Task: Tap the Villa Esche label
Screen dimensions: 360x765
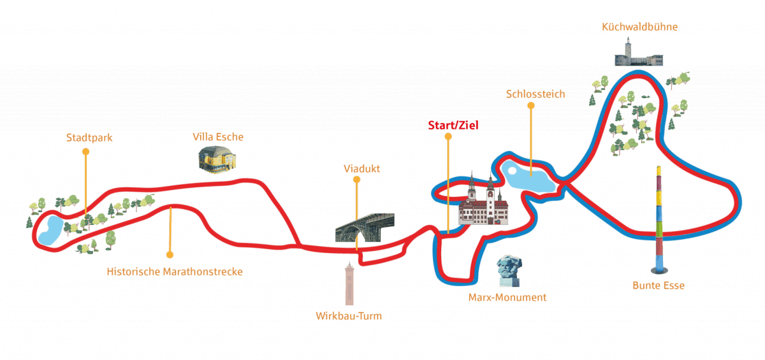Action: (218, 137)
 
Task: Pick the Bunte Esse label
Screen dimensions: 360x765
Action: (659, 285)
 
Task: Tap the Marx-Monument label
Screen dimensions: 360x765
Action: (507, 298)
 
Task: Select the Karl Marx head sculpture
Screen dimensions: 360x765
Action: (510, 271)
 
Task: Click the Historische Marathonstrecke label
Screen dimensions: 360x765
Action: (175, 272)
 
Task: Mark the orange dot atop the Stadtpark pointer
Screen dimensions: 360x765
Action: (85, 152)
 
